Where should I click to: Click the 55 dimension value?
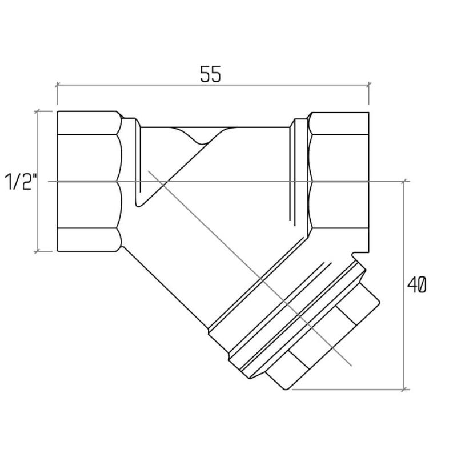click(x=211, y=74)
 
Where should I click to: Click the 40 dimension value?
click(x=417, y=284)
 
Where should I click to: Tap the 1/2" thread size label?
click(x=21, y=182)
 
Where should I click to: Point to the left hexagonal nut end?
click(x=89, y=181)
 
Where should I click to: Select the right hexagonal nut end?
click(x=338, y=181)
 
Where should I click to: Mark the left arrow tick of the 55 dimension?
click(x=57, y=85)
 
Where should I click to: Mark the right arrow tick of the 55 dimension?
click(x=369, y=85)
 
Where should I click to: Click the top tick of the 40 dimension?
click(x=404, y=182)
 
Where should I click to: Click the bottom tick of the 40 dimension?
click(x=404, y=389)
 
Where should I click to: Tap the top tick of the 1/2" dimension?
click(x=37, y=111)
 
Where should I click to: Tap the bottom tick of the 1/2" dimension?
click(x=37, y=251)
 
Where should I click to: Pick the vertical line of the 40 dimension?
click(x=404, y=285)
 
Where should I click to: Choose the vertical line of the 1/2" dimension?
click(x=37, y=181)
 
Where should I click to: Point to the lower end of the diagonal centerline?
click(x=351, y=365)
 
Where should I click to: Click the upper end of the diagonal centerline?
click(x=149, y=171)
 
